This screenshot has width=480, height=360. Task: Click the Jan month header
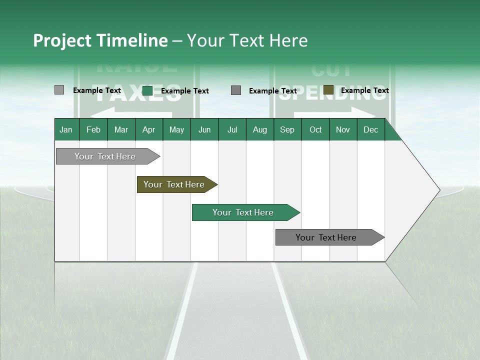pyautogui.click(x=66, y=130)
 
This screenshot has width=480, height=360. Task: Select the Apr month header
pyautogui.click(x=149, y=130)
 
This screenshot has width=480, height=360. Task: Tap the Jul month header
pyautogui.click(x=232, y=130)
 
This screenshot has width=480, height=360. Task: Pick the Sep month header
pyautogui.click(x=287, y=130)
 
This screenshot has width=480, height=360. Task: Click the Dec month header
pyautogui.click(x=370, y=130)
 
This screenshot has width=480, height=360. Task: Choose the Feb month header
pyautogui.click(x=93, y=130)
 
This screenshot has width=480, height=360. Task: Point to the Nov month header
pyautogui.click(x=343, y=130)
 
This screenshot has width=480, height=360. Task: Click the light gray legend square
pyautogui.click(x=59, y=90)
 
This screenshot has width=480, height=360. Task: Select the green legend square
pyautogui.click(x=147, y=90)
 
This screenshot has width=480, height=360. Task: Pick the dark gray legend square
pyautogui.click(x=236, y=90)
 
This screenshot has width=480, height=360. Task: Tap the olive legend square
pyautogui.click(x=328, y=90)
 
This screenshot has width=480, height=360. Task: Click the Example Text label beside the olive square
pyautogui.click(x=364, y=90)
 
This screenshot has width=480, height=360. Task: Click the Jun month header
pyautogui.click(x=204, y=130)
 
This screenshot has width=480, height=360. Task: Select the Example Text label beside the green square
pyautogui.click(x=184, y=91)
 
